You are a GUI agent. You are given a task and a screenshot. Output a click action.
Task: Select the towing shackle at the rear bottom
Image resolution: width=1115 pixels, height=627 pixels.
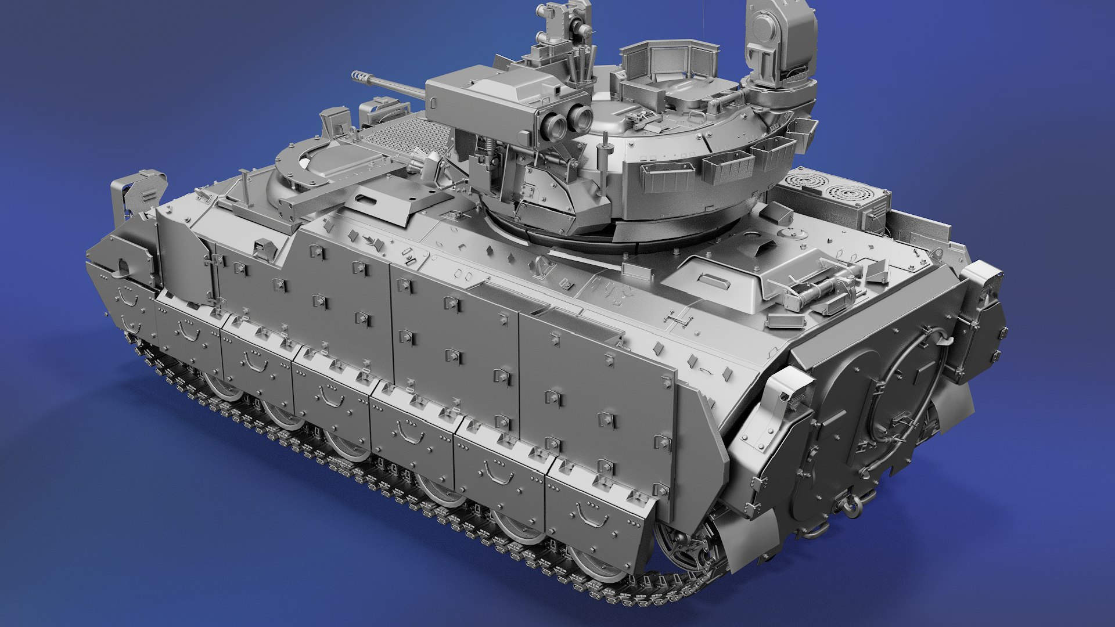pos(851,505)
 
